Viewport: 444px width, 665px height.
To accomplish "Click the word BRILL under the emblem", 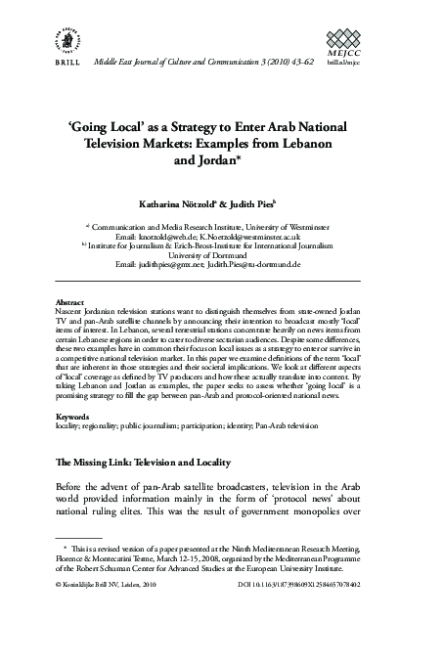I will click(63, 63).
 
